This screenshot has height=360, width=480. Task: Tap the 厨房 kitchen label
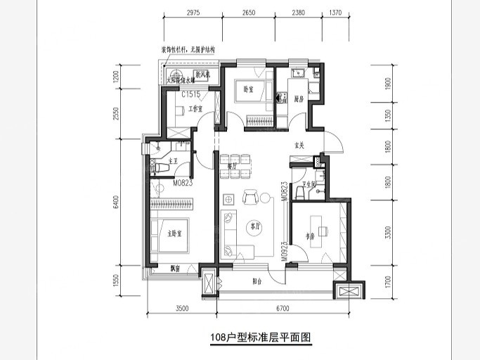298,98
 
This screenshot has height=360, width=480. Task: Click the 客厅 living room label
254,226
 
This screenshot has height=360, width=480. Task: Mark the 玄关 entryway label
298,146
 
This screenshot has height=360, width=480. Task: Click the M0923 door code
285,250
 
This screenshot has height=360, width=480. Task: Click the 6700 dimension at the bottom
284,308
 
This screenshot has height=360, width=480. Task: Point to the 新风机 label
203,75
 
